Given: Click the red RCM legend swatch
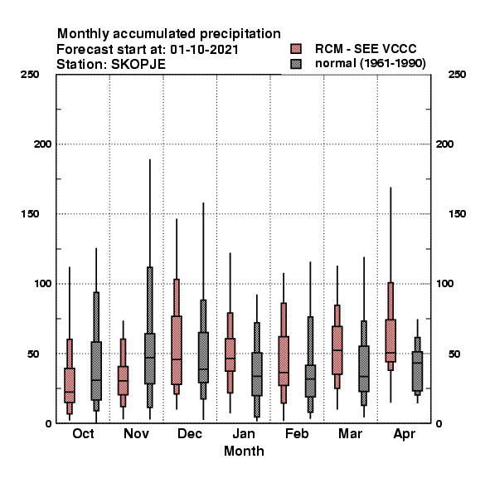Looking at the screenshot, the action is click(296, 49).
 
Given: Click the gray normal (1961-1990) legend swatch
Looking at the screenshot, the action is click(296, 64).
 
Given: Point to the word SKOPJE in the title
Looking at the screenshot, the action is click(138, 65).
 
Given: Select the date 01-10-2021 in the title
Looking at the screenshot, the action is click(204, 50).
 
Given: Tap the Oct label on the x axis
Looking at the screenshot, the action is click(83, 433).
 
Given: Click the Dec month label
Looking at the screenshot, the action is click(190, 433).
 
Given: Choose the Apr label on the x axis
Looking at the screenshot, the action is click(404, 434).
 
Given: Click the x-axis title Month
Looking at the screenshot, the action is click(244, 451).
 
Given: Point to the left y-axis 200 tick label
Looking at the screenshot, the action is click(42, 144).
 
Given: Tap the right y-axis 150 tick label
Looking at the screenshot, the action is click(458, 214).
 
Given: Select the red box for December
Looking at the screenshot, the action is click(177, 350).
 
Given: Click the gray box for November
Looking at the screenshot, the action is click(150, 359).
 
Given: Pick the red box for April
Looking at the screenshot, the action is click(390, 340).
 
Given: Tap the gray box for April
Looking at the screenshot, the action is click(418, 371).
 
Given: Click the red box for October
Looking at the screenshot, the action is click(70, 385).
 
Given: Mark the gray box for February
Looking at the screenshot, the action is click(311, 381).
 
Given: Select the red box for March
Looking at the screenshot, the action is click(337, 350).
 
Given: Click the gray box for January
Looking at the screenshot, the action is click(257, 374).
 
